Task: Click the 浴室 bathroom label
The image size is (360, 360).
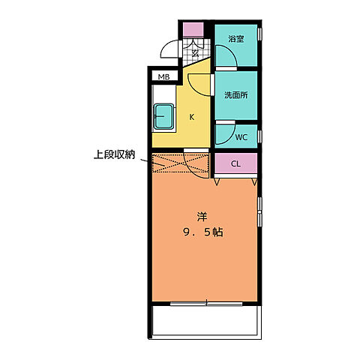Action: pos(235,39)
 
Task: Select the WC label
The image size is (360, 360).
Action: pos(241,137)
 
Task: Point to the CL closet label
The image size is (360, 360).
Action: pos(235,163)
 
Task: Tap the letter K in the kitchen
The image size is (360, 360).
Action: pos(191,117)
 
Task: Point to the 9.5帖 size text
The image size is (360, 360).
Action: pos(201,232)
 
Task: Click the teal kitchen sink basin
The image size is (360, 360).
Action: pos(164,115)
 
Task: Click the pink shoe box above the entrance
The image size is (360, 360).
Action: pos(193,30)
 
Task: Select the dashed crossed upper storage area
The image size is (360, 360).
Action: pos(180,163)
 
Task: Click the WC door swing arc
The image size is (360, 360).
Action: pos(223,135)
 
